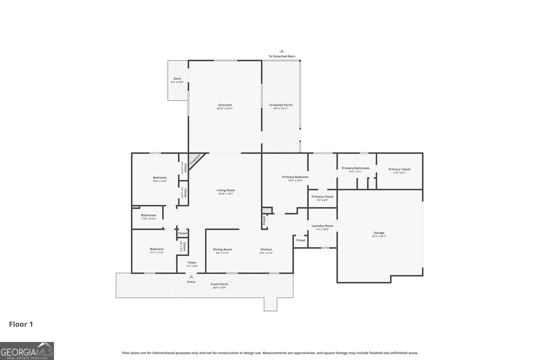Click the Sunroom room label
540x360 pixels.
click(225, 105)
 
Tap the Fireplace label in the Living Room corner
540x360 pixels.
click(195, 160)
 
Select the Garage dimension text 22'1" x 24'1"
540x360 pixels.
click(379, 237)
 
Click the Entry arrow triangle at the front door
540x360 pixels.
click(191, 277)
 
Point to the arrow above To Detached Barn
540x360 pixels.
click(282, 51)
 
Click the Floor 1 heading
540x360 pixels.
click(21, 324)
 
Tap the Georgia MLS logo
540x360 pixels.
click(27, 351)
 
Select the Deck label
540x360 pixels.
click(177, 79)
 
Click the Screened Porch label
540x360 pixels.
click(281, 105)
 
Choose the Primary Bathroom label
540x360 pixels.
click(355, 168)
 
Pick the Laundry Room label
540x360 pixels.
click(322, 226)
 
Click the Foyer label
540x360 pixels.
click(192, 262)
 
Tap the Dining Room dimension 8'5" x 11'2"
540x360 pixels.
click(222, 253)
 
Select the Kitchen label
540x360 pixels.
click(266, 249)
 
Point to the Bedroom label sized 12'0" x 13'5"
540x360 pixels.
click(160, 177)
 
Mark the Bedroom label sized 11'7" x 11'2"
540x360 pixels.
click(157, 249)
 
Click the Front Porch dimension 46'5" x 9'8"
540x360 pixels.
click(219, 287)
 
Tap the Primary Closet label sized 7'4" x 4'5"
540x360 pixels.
click(322, 196)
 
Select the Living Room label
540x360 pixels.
click(226, 190)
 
